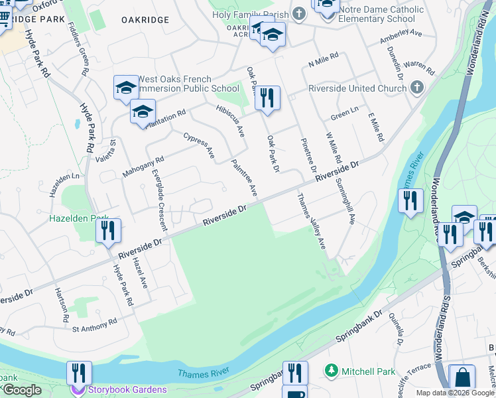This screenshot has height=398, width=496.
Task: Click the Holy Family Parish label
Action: pyautogui.click(x=250, y=14)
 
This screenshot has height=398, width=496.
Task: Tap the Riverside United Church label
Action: pyautogui.click(x=357, y=88)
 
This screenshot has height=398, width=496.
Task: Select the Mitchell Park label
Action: pyautogui.click(x=368, y=371)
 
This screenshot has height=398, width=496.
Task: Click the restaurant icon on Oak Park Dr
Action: pyautogui.click(x=267, y=98)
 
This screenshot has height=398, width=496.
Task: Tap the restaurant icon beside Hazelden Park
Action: pyautogui.click(x=107, y=231)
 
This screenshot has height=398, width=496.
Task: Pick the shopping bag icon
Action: pyautogui.click(x=462, y=378)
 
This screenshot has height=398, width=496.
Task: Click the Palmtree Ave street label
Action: pyautogui.click(x=243, y=177)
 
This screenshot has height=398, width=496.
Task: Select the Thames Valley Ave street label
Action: pyautogui.click(x=312, y=221)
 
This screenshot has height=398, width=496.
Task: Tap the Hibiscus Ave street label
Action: pyautogui.click(x=231, y=119)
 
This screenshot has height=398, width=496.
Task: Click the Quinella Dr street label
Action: pyautogui.click(x=397, y=330)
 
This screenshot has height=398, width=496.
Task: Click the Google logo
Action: pyautogui.click(x=21, y=389)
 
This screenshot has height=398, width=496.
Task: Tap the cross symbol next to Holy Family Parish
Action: pyautogui.click(x=299, y=14)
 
